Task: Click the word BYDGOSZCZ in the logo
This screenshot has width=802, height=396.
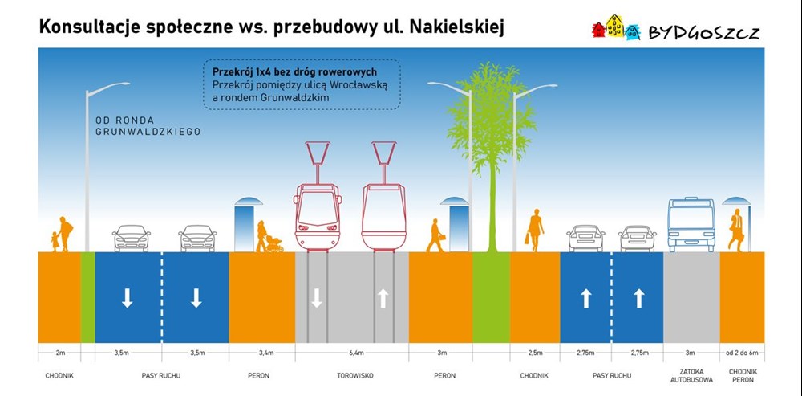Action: coord(704,33)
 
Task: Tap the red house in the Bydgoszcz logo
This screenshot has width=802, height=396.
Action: coord(598,30)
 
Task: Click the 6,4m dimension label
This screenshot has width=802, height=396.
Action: coord(357,353)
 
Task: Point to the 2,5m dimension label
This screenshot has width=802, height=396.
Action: coord(534,353)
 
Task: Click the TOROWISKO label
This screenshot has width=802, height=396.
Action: coord(355,375)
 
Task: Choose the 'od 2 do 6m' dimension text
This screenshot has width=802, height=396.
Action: coord(742,353)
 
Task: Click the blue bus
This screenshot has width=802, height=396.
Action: coord(691,224)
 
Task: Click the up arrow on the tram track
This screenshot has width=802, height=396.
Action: coord(383,299)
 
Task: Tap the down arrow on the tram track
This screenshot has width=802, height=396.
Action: coord(317,298)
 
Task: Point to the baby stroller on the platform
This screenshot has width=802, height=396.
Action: coord(274,244)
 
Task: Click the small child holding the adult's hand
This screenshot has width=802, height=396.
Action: coord(55,241)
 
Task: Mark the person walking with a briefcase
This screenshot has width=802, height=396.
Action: coord(435,235)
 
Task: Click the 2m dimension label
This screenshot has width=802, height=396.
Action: coord(59,353)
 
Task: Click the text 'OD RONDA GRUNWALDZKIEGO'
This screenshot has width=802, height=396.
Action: coord(148,126)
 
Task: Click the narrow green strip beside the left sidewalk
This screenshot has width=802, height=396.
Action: coord(88,297)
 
